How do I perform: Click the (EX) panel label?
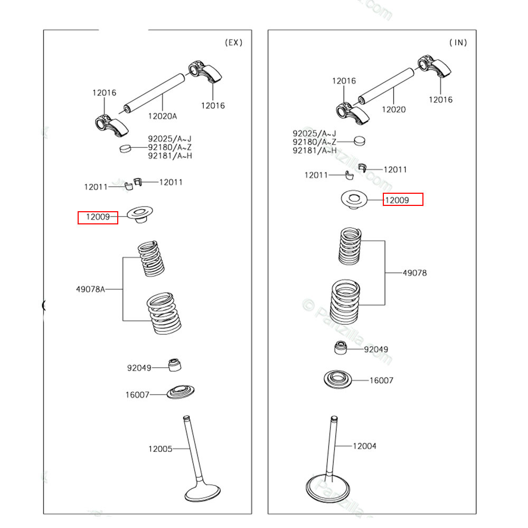[233, 43]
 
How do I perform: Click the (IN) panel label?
[458, 43]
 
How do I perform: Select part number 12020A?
[162, 116]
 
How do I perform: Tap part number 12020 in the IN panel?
[394, 109]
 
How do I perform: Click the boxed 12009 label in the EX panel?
[98, 217]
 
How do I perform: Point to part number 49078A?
[90, 289]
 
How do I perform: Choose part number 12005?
[160, 449]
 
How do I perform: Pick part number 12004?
[364, 446]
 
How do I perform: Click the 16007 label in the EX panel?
[137, 394]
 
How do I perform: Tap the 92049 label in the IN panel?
[376, 349]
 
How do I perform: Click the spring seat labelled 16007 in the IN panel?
[338, 379]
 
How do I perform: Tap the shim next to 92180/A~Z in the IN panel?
[359, 141]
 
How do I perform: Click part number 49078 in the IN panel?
[414, 273]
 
